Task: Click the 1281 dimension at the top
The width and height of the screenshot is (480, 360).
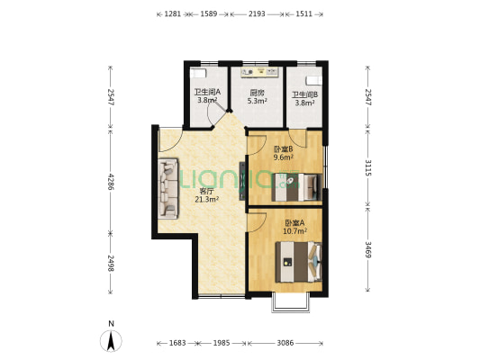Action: [173, 14]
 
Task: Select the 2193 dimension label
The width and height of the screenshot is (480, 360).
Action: [257, 14]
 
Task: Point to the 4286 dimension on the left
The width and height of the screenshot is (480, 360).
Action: [111, 182]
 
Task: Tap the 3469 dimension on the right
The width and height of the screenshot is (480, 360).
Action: [368, 249]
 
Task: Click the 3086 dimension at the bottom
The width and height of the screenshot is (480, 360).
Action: [285, 343]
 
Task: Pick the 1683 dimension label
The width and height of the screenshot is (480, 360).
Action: [177, 343]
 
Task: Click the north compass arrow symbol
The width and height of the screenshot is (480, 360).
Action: [111, 341]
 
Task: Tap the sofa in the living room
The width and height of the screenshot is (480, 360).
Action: [168, 188]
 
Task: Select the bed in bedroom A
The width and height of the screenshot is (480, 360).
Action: [298, 262]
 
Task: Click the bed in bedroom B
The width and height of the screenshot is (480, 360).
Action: [296, 187]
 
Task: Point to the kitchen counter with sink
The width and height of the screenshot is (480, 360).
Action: [259, 72]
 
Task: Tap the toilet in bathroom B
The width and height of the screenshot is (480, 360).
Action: [313, 81]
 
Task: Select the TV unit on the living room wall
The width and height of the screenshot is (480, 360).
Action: [242, 181]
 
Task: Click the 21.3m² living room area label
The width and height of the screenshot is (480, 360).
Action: [206, 200]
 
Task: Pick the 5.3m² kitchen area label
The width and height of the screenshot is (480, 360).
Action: [258, 100]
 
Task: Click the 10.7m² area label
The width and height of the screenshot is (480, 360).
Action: [294, 231]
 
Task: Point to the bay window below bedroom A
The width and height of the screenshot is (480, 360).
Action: [291, 302]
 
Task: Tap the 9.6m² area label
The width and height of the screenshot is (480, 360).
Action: [283, 157]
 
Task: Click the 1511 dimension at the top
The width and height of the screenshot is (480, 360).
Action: [304, 14]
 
